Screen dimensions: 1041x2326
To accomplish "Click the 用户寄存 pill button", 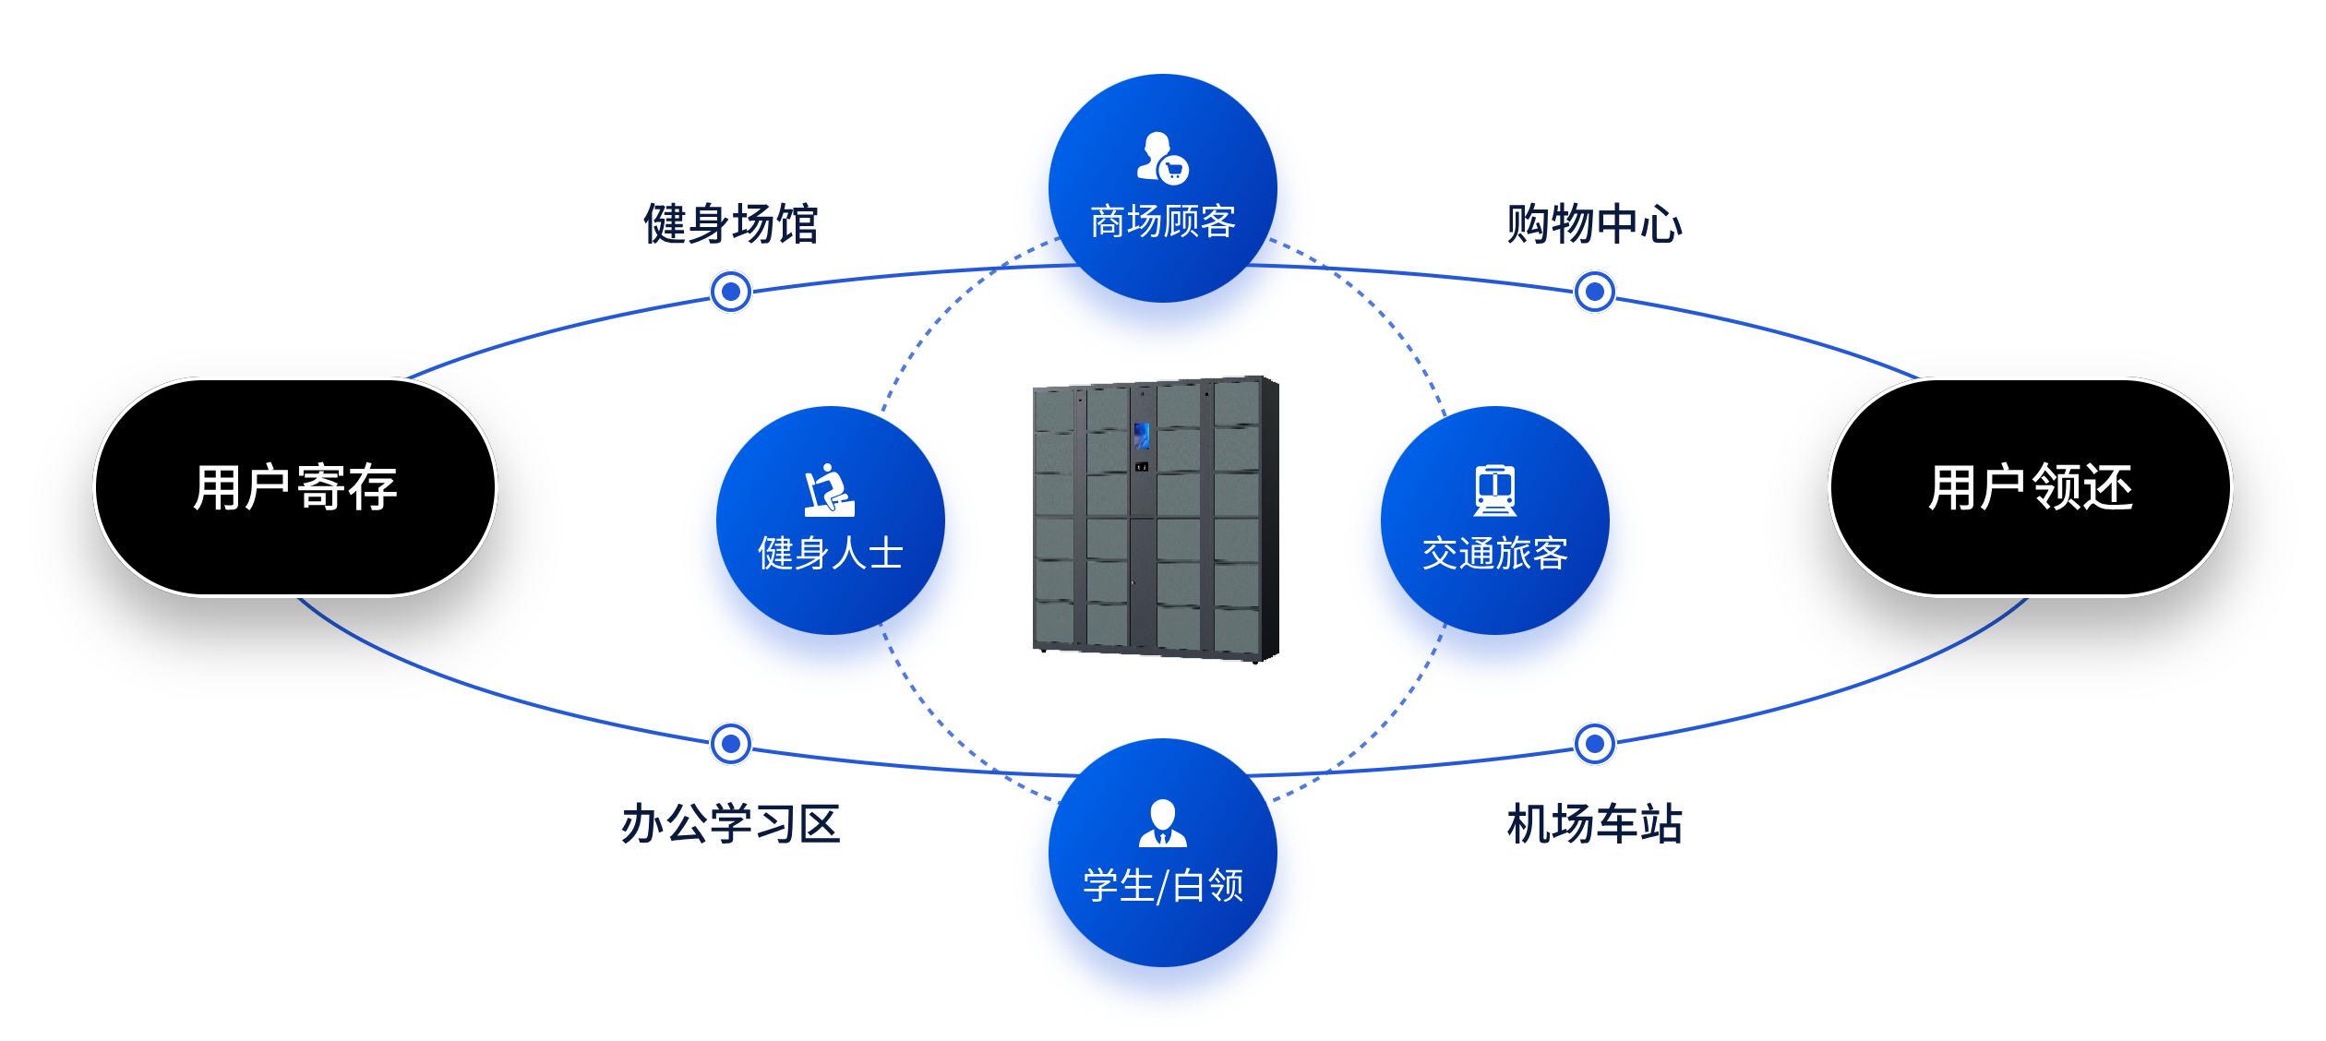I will point(295,487).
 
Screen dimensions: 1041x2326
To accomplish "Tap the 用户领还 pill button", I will point(2031,487).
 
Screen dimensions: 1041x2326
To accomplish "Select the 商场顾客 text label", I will point(1163,222).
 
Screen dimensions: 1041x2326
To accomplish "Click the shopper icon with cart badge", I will point(1160,157).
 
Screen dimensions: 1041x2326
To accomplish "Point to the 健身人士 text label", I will point(831,554).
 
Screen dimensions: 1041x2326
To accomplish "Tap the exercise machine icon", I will point(829,490).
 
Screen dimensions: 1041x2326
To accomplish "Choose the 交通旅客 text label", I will point(1495,554).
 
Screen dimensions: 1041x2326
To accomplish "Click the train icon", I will point(1495,490).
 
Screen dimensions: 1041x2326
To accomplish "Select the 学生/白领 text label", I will point(1163,886).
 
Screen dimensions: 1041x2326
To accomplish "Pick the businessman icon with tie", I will point(1163,823).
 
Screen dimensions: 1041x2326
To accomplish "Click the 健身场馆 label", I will point(730,224).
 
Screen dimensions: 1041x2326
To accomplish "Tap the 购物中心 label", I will point(1594,224).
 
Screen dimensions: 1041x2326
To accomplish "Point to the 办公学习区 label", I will point(730,824).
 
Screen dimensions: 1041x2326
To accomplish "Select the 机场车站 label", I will point(1594,824).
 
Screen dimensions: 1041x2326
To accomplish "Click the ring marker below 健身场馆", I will point(731,292).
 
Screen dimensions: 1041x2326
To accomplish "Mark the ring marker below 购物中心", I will point(1594,292).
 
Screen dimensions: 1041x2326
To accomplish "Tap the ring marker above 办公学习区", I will point(731,744).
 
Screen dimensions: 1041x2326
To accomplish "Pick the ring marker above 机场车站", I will point(1594,744).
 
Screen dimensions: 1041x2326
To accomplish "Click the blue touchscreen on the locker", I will point(1142,436).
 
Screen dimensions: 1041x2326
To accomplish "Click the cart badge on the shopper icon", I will point(1174,170).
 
